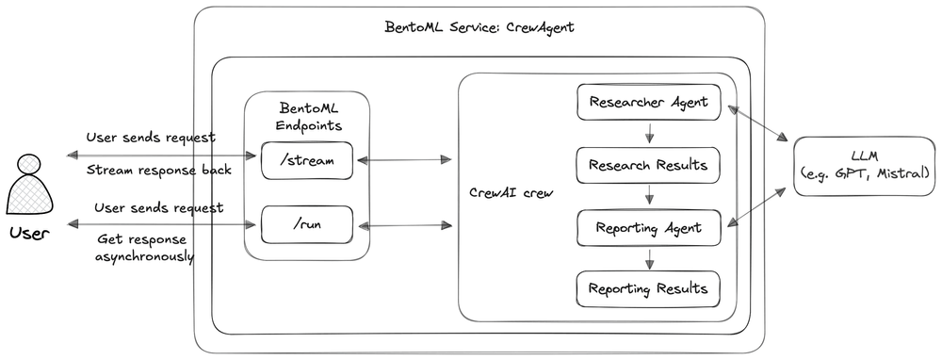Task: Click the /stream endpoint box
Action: (306, 161)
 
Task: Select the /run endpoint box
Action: (306, 225)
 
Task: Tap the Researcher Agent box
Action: (648, 102)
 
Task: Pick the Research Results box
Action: (648, 166)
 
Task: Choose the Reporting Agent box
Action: (648, 227)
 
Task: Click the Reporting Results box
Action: (648, 288)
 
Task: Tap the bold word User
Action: (28, 232)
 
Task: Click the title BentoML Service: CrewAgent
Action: (480, 26)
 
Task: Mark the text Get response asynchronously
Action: (146, 247)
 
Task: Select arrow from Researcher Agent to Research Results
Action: (649, 134)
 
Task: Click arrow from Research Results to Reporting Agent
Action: (649, 197)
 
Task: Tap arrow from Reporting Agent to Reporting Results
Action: (649, 258)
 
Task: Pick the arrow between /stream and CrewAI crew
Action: (404, 161)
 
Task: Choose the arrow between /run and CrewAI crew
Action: (404, 225)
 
